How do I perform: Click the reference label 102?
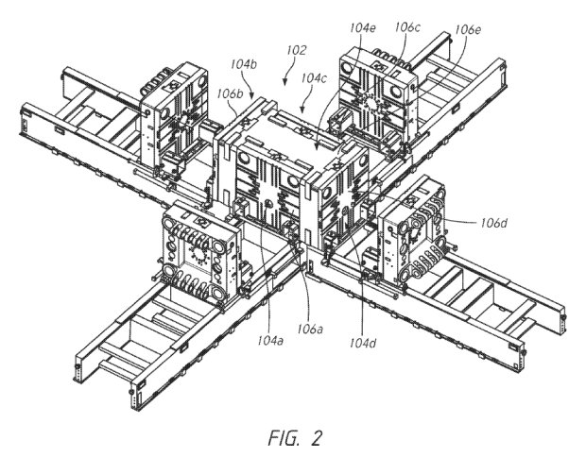(x=297, y=50)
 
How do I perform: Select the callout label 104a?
(x=270, y=340)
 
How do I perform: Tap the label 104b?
(x=243, y=64)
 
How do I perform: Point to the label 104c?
(x=314, y=78)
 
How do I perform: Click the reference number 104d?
(x=363, y=343)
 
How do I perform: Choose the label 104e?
(x=363, y=27)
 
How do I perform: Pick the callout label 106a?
(x=310, y=329)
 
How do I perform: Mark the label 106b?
(x=231, y=93)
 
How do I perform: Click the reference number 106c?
(x=407, y=26)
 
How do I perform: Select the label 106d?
(x=494, y=223)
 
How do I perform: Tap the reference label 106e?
(x=468, y=29)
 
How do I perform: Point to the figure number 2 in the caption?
(x=316, y=438)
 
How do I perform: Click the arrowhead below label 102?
(x=285, y=82)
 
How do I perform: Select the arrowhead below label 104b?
(x=251, y=95)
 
